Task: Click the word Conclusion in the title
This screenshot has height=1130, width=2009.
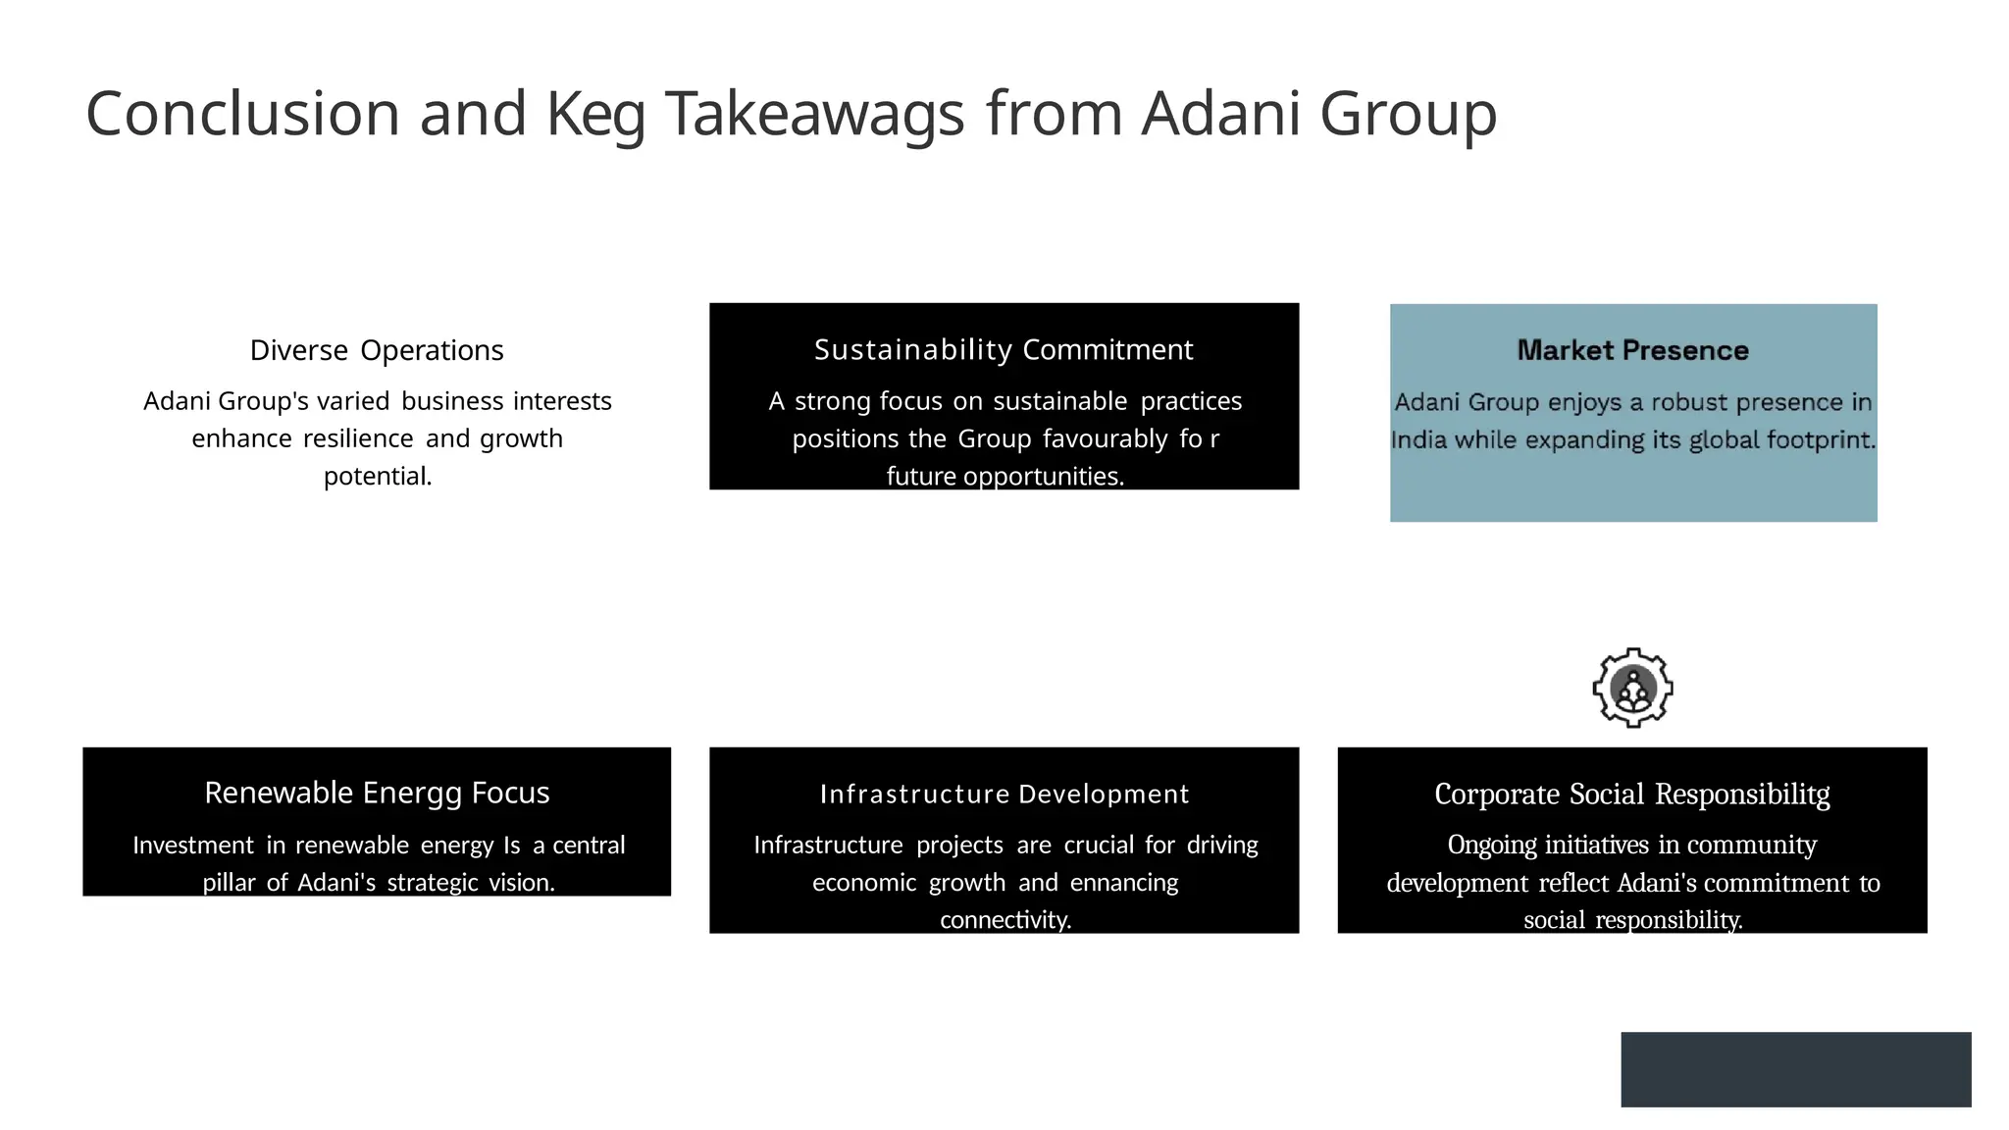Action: pyautogui.click(x=242, y=114)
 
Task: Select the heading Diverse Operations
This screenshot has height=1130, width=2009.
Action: pyautogui.click(x=377, y=350)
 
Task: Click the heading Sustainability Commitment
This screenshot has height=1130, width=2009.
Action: pyautogui.click(x=1004, y=349)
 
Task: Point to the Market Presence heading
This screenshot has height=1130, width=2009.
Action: pyautogui.click(x=1632, y=350)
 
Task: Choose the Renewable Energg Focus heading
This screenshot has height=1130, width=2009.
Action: pyautogui.click(x=377, y=793)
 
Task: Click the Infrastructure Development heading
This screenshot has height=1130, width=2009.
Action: pyautogui.click(x=1004, y=794)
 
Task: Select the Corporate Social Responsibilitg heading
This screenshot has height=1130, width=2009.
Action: pyautogui.click(x=1631, y=794)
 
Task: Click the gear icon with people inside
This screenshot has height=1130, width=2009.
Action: pyautogui.click(x=1632, y=688)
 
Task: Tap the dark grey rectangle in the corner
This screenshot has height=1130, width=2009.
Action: pyautogui.click(x=1795, y=1069)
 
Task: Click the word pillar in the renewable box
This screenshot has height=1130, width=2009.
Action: pyautogui.click(x=229, y=883)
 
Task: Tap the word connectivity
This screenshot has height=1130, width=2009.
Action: pyautogui.click(x=1004, y=920)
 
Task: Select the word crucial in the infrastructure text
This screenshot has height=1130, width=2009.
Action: pyautogui.click(x=1099, y=845)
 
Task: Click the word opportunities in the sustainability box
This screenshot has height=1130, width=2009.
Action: pyautogui.click(x=1043, y=477)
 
